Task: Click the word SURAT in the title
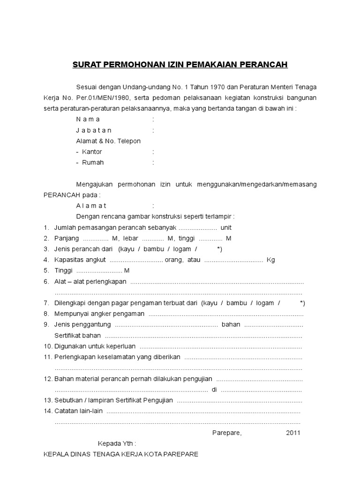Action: pyautogui.click(x=87, y=64)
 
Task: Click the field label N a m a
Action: pyautogui.click(x=88, y=119)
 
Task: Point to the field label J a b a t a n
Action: pyautogui.click(x=94, y=130)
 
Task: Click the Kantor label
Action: pyautogui.click(x=92, y=152)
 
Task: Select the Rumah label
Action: pyautogui.click(x=93, y=163)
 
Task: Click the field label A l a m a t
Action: pyautogui.click(x=91, y=206)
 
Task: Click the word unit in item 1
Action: pyautogui.click(x=226, y=227)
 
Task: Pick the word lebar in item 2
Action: pyautogui.click(x=130, y=238)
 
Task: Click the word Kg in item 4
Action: pyautogui.click(x=270, y=260)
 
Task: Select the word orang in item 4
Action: pyautogui.click(x=175, y=260)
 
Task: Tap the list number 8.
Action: pyautogui.click(x=46, y=314)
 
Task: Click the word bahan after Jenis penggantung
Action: pyautogui.click(x=231, y=324)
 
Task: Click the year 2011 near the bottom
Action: pyautogui.click(x=293, y=433)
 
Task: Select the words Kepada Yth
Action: pyautogui.click(x=117, y=443)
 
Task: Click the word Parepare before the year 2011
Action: pyautogui.click(x=227, y=433)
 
